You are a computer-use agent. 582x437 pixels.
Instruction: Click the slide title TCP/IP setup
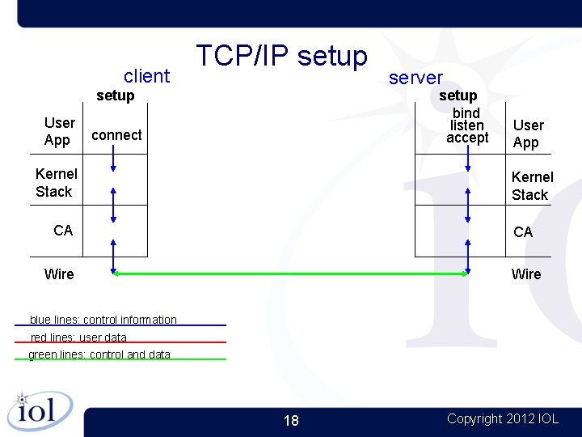tap(281, 56)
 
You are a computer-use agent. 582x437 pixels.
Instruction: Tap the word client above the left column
tap(146, 76)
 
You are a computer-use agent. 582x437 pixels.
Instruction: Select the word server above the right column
tap(415, 78)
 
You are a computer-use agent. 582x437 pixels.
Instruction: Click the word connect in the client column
tap(116, 135)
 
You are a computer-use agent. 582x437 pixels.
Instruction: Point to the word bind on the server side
tap(466, 112)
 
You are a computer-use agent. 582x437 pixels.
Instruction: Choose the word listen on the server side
tap(466, 125)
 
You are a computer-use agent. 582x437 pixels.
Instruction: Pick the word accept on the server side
tap(467, 138)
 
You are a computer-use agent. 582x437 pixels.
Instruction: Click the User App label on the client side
tap(59, 131)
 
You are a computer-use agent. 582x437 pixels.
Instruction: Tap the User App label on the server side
tap(528, 134)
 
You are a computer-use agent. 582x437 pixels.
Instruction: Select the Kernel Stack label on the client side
tap(56, 182)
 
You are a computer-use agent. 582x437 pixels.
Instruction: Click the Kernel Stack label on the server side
tap(532, 185)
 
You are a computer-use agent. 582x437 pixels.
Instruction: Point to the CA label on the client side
tap(63, 231)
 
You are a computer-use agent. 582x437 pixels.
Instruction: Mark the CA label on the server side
tap(523, 232)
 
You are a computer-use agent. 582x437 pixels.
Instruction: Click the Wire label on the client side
tap(59, 274)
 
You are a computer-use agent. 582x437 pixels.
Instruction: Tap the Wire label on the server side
tap(526, 274)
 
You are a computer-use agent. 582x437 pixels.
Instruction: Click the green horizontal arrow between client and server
tap(291, 274)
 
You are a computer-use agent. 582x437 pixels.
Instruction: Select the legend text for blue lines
tap(103, 320)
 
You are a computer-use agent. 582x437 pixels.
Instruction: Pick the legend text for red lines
tap(78, 337)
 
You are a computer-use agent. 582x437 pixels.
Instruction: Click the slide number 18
tap(291, 420)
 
